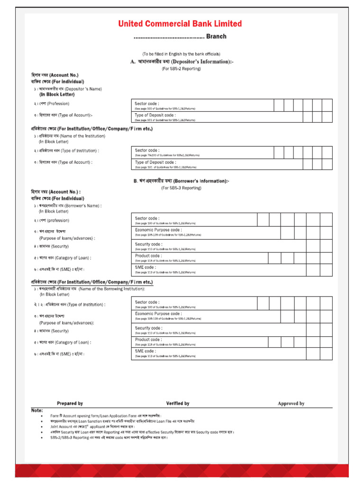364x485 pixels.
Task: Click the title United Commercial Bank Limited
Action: [x=180, y=24]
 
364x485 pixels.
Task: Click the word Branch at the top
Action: [x=216, y=36]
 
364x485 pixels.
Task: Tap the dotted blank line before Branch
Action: [x=169, y=37]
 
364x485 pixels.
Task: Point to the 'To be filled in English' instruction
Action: [x=181, y=54]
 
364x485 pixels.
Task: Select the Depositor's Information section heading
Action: [x=182, y=62]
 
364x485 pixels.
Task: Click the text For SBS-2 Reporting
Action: [x=181, y=69]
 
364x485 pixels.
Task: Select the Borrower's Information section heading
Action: [x=181, y=181]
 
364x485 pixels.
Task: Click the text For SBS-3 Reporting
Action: [x=181, y=188]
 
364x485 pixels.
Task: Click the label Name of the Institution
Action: [x=71, y=136]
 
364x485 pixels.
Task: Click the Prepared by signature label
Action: [x=70, y=404]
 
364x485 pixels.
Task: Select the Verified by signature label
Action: [x=178, y=404]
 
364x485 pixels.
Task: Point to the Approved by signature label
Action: [x=291, y=404]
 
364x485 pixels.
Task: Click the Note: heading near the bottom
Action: [x=37, y=410]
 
